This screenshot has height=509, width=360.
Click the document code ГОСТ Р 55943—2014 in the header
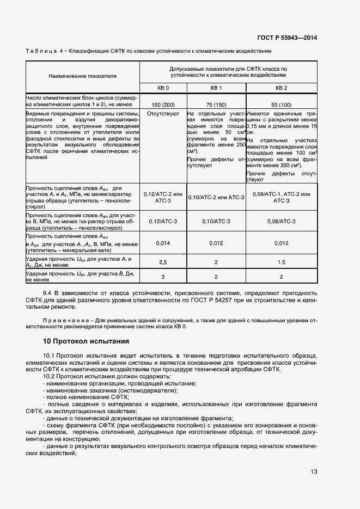288,38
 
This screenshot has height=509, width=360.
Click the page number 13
314,471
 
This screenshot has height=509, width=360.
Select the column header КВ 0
163,88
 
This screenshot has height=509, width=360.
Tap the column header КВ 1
216,88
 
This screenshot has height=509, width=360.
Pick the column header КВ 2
281,88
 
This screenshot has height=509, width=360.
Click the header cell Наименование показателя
83,75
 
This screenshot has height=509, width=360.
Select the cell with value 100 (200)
163,104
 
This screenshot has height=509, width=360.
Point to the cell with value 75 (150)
216,104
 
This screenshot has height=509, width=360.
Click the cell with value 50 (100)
281,104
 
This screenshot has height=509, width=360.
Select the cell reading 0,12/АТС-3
163,222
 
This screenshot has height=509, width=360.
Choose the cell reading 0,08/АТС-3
281,222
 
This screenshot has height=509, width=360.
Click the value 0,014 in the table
163,243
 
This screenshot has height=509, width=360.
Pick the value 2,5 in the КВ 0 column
163,262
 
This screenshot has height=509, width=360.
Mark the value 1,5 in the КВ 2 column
281,262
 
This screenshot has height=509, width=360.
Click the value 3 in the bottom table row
163,277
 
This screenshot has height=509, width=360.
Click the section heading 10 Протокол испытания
86,341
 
